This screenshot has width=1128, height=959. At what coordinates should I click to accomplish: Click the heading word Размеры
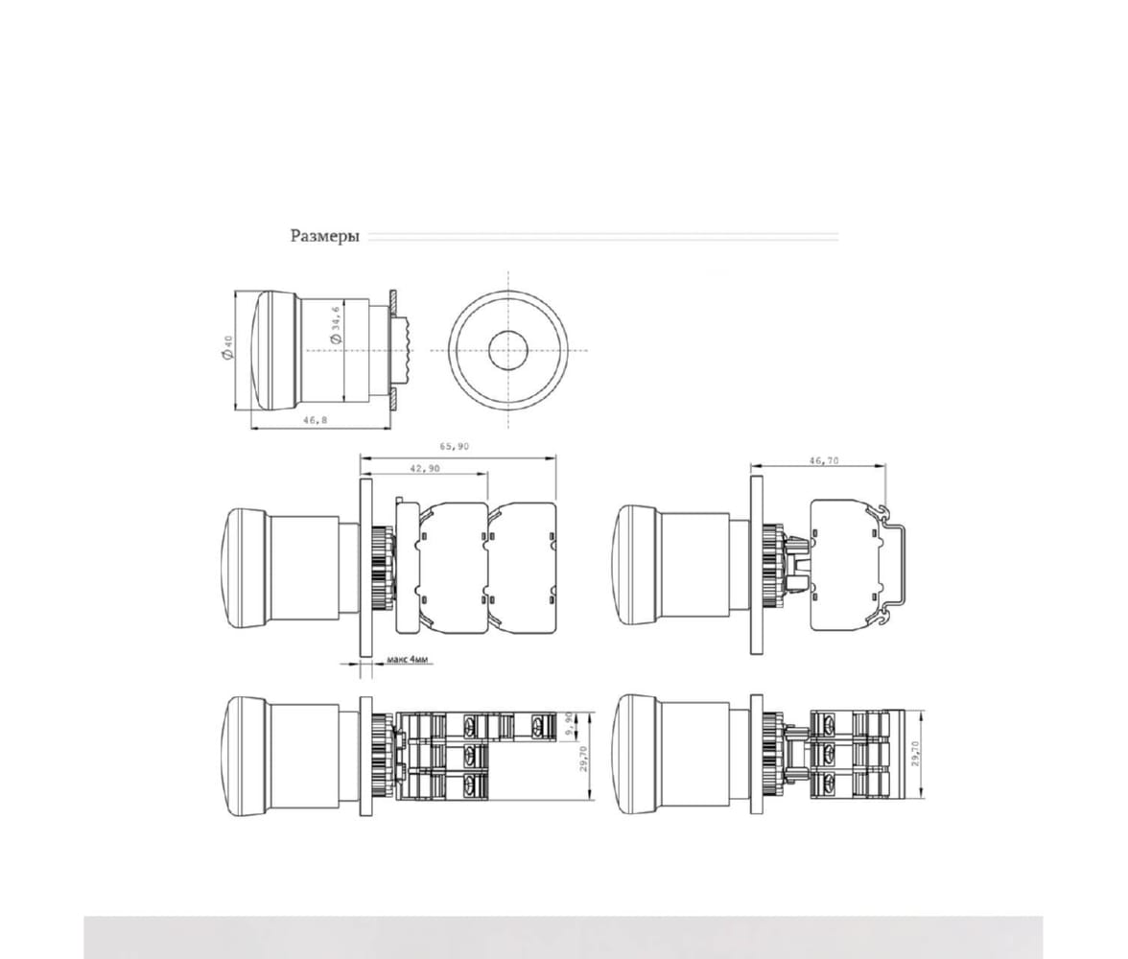coord(324,236)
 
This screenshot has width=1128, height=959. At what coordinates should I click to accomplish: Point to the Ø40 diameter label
coord(227,347)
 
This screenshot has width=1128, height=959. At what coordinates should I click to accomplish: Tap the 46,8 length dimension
coord(315,419)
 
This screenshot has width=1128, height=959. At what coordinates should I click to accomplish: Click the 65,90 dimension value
coord(455,446)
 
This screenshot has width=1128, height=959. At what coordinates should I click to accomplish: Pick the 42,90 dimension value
coord(424,468)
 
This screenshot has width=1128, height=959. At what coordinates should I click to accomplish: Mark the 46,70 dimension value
coord(824,460)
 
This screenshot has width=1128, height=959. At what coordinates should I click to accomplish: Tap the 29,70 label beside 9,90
coord(583,759)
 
